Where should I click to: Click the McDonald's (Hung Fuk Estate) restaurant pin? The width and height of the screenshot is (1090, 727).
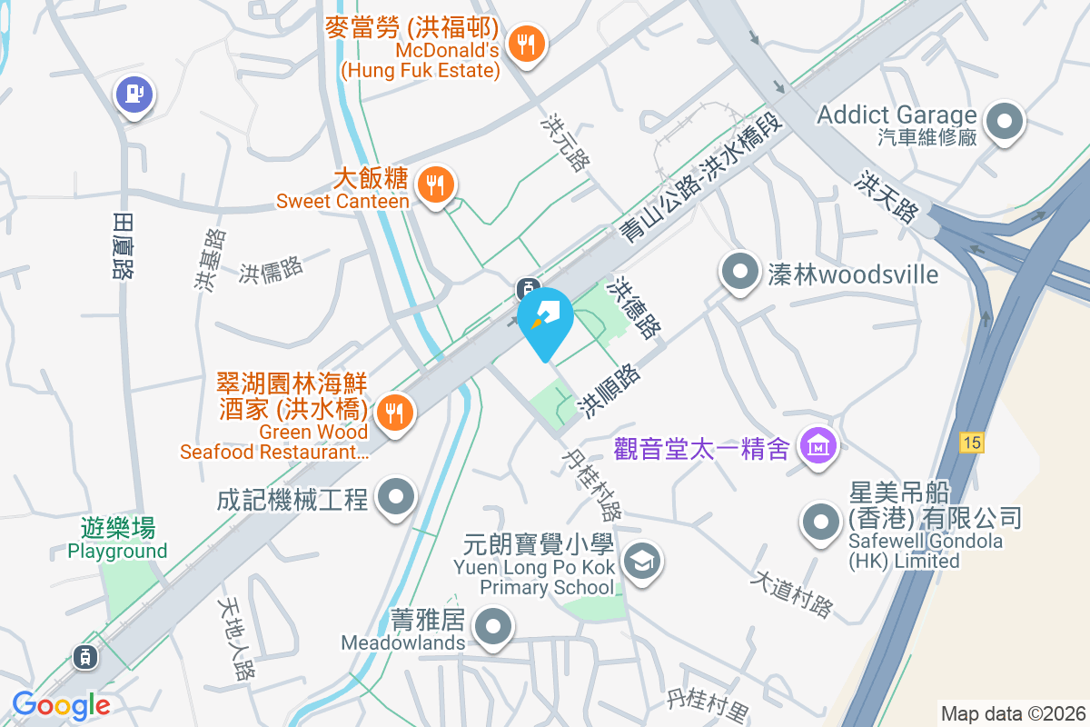pos(526,42)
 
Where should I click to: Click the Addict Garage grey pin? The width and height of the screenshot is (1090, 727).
pos(1006,121)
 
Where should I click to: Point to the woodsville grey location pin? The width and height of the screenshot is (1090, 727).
pos(740,270)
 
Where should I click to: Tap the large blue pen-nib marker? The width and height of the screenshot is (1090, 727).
pos(545,319)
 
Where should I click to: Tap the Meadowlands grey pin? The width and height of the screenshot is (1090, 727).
pos(494,626)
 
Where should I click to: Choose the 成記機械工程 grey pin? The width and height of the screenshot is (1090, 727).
pos(396,496)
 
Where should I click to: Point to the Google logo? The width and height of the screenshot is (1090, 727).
pos(61,704)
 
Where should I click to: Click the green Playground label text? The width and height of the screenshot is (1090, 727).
pos(118,551)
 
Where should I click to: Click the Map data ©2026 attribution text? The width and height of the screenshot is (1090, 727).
pos(1013,713)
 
